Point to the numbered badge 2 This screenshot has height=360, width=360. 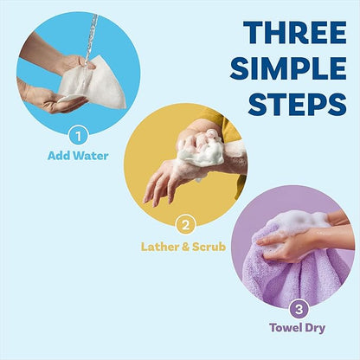coord(183,224)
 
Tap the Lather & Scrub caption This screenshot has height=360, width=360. coord(183,247)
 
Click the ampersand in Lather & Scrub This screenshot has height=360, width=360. coord(183,247)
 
